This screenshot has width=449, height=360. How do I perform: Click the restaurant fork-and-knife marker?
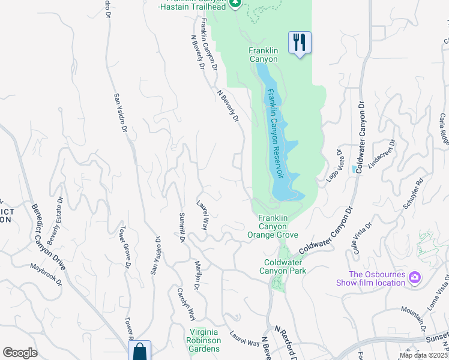point(300,43)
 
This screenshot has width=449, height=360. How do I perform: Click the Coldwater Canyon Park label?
point(285,266)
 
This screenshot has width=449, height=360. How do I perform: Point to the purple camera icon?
point(414,278)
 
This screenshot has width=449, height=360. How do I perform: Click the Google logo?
point(20,353)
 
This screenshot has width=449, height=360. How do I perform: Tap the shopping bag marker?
point(139,351)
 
